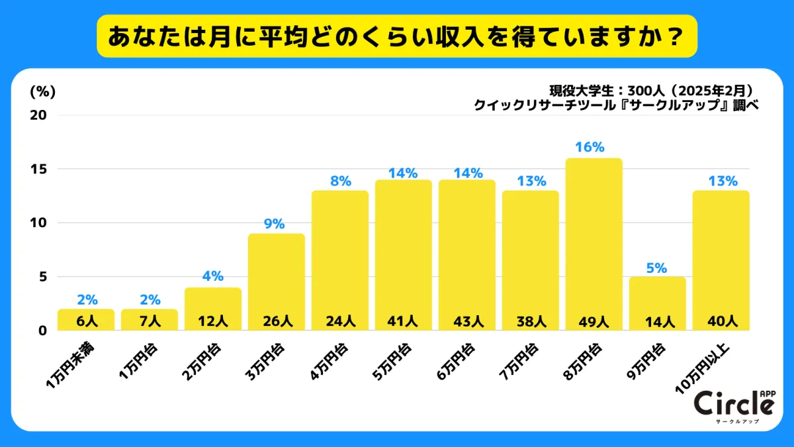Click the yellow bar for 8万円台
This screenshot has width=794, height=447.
click(594, 238)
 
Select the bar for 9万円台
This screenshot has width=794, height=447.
click(658, 298)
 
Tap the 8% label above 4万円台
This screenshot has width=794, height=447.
click(339, 180)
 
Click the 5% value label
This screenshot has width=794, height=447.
click(657, 268)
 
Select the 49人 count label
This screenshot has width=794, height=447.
click(594, 321)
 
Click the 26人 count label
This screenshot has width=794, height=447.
click(277, 321)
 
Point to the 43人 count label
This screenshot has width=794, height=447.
click(467, 321)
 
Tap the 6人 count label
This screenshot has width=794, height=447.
click(86, 321)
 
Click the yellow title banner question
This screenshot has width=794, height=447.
click(397, 36)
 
